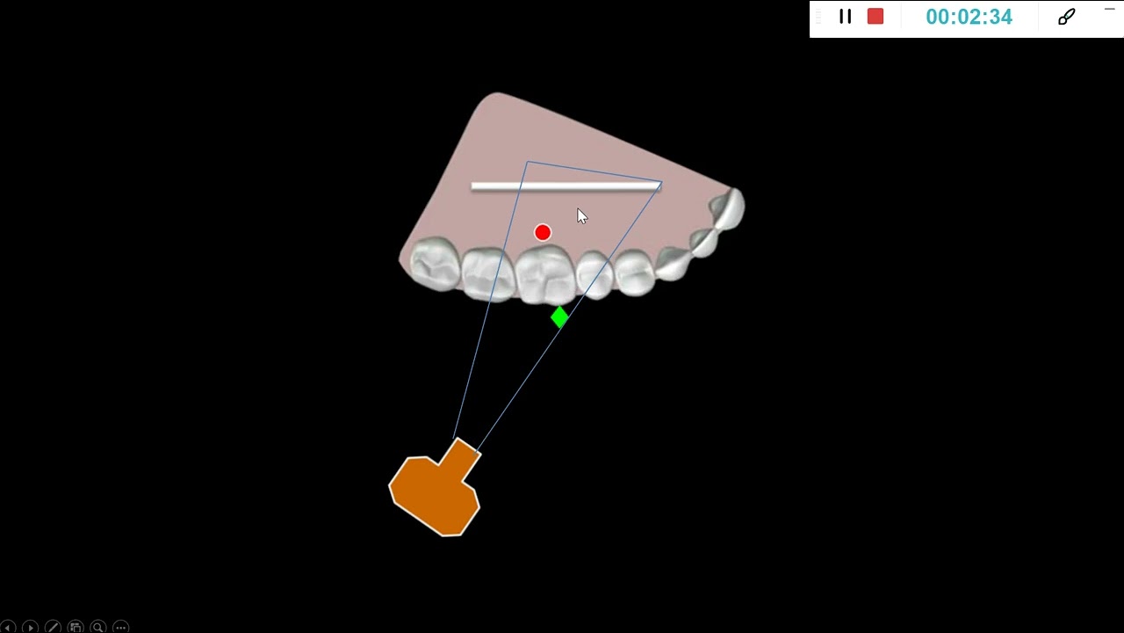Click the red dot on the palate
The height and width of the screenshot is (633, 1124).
[543, 233]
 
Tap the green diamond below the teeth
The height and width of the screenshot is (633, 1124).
[559, 317]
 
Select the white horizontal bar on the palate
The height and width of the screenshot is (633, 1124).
[566, 187]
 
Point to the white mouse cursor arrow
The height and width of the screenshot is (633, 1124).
[581, 216]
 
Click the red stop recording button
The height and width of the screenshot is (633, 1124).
[875, 17]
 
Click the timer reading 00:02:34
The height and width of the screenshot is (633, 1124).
[969, 17]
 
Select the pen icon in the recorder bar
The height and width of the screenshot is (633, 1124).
[1066, 17]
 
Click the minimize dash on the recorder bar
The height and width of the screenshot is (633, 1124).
[1109, 10]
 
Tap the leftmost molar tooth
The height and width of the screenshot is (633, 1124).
[435, 263]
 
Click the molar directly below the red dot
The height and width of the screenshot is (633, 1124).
[545, 275]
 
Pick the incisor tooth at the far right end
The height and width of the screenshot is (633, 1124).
[729, 209]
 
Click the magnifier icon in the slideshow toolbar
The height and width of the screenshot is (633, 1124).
[97, 627]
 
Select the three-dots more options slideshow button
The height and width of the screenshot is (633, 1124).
[120, 627]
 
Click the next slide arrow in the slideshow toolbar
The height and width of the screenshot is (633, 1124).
[30, 627]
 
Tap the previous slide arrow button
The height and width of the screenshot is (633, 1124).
[8, 627]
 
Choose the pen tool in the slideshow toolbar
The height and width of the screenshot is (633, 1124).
[53, 627]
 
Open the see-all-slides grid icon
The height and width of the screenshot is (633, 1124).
[76, 627]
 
